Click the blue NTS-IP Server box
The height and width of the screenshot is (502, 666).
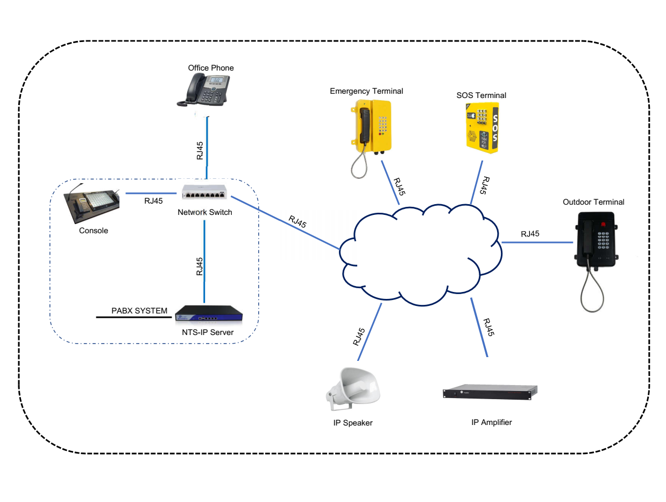tap(209, 315)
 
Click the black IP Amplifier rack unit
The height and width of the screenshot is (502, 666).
tap(490, 392)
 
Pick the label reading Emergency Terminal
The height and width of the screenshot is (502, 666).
tap(366, 91)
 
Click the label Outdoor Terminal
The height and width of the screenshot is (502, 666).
tap(593, 202)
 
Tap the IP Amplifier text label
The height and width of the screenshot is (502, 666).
tap(491, 422)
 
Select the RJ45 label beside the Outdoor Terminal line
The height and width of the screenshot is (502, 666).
tap(530, 234)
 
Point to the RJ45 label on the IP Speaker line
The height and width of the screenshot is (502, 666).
tap(359, 337)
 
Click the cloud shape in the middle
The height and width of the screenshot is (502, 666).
tap(420, 253)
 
